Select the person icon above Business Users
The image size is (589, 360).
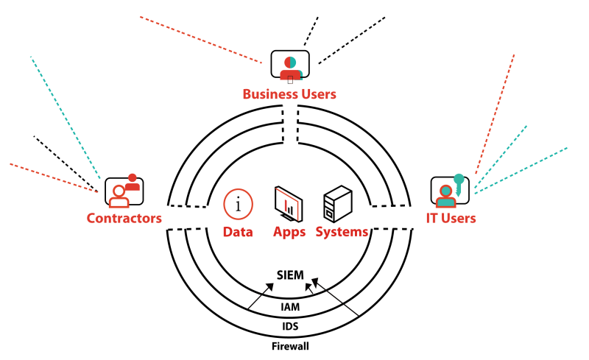coord(290,69)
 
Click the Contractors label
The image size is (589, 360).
coord(124,219)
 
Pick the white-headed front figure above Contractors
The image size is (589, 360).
coord(119,197)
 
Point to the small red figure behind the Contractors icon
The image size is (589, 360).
coord(133,182)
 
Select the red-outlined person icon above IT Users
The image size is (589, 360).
coord(445,197)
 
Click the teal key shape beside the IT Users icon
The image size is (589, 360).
coord(459,182)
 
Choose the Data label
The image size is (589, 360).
coord(238,232)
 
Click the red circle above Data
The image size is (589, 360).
coord(238,204)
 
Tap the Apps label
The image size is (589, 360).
coord(289,232)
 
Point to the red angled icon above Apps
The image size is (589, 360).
coord(288,204)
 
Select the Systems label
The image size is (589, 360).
coord(342,232)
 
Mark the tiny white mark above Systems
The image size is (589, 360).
coord(329,213)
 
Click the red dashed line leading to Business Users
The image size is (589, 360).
coord(200,40)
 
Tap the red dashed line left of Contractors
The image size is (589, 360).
coord(53,178)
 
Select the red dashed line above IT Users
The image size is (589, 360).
coord(495,114)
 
